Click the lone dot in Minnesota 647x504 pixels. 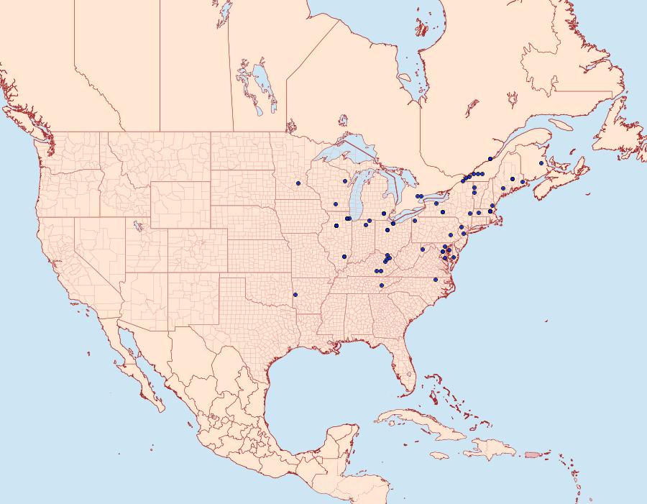(x=298, y=183)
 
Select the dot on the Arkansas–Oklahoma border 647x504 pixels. (x=295, y=294)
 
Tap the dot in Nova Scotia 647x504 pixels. (x=541, y=163)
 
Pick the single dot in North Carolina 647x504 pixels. (x=436, y=279)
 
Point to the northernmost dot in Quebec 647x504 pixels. (x=490, y=159)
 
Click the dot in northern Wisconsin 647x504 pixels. (x=345, y=181)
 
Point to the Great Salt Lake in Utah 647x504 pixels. (x=137, y=226)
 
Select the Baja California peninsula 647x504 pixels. (x=133, y=359)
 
